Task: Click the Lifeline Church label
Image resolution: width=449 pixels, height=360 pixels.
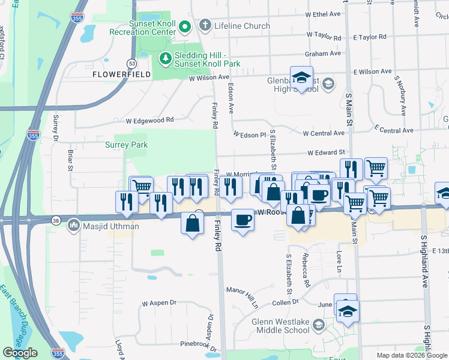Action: click(242, 26)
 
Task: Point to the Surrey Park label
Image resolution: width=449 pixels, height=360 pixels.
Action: click(126, 145)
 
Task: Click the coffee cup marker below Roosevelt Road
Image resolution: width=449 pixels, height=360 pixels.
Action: click(243, 220)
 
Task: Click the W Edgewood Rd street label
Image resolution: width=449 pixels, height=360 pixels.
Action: click(149, 121)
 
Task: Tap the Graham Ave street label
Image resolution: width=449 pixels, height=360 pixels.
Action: click(318, 54)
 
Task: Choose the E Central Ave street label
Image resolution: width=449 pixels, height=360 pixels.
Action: click(393, 130)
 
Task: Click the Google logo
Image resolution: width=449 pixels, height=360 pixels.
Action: click(20, 353)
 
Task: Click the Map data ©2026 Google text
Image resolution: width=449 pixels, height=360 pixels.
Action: click(411, 355)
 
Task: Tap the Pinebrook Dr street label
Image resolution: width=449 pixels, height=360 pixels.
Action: click(189, 344)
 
